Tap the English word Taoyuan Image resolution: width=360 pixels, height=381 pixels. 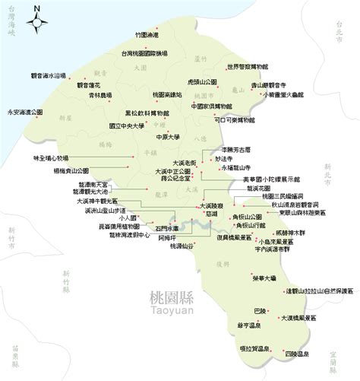(172, 311)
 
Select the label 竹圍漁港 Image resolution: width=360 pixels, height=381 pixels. (145, 35)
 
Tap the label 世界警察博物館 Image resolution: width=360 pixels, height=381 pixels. (251, 67)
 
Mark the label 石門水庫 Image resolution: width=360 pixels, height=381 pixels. (168, 227)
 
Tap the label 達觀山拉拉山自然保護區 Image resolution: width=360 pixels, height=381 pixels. (319, 291)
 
